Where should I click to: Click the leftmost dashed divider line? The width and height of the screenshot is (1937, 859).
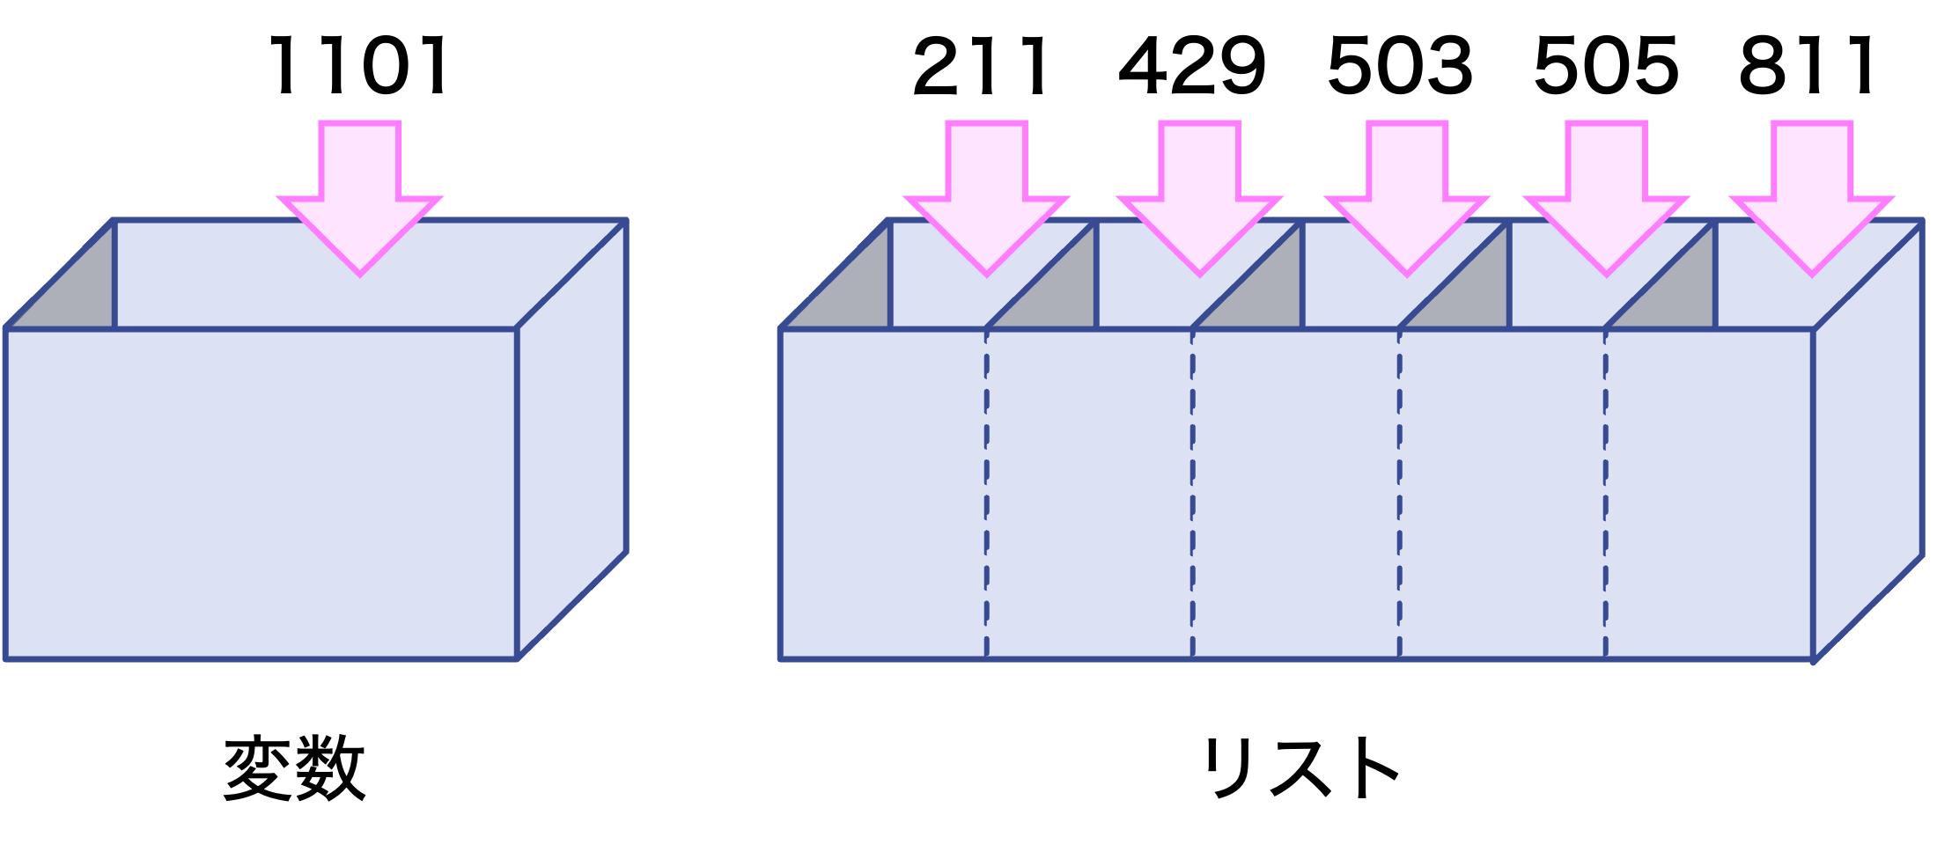click(986, 493)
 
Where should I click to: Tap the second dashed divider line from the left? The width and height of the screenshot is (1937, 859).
click(1193, 493)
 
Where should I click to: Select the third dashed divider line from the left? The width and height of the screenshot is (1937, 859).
click(1399, 493)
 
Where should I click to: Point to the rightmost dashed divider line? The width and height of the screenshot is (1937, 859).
click(1605, 493)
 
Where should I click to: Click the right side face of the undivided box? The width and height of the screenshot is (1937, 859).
click(572, 440)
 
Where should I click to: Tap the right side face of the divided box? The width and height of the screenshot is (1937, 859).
click(1868, 440)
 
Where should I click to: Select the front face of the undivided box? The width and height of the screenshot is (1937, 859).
click(261, 493)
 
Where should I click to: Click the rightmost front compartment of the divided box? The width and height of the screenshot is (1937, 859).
click(1709, 493)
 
